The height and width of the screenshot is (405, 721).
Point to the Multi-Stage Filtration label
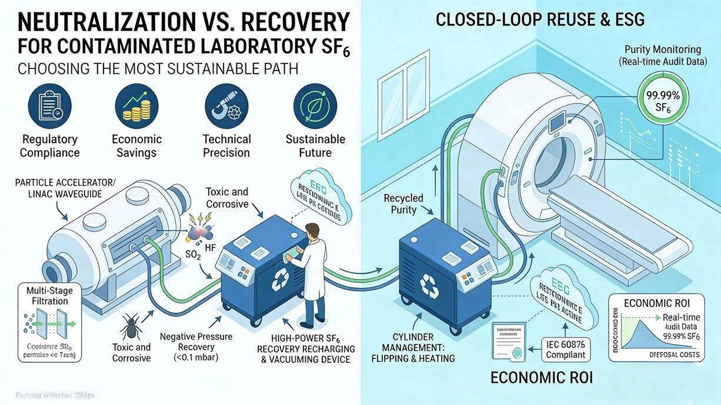point(47,295)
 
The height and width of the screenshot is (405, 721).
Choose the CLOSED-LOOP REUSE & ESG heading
point(540,20)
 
